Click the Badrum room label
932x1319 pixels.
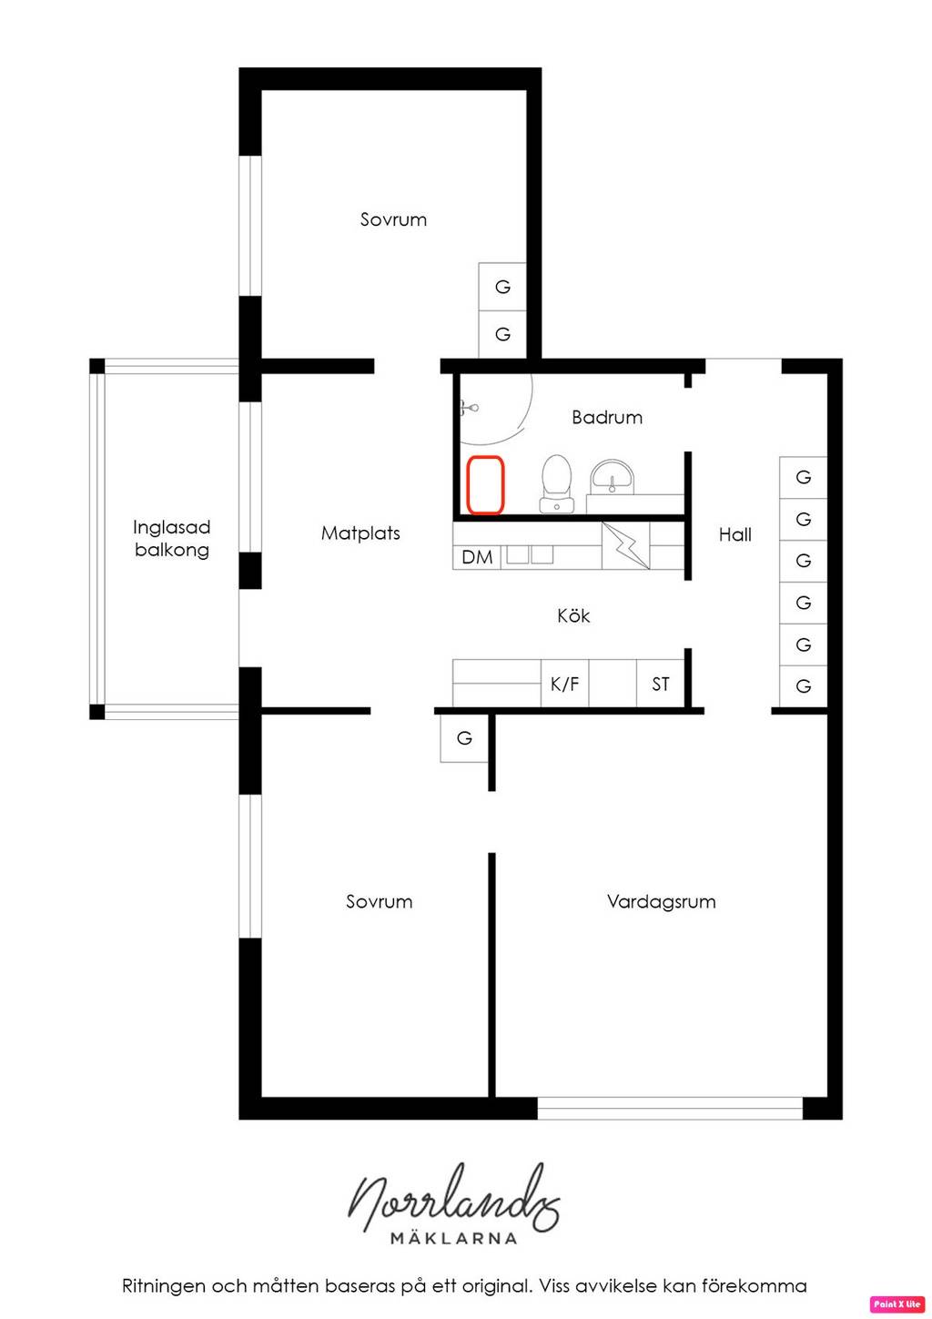click(x=606, y=418)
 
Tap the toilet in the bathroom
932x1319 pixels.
click(x=556, y=483)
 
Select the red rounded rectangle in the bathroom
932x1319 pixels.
click(x=485, y=484)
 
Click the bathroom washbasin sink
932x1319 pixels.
click(x=613, y=477)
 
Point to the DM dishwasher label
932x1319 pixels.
click(x=477, y=557)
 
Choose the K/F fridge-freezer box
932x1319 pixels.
click(x=564, y=684)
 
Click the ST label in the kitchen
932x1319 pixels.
click(x=660, y=684)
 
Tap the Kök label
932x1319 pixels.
click(x=572, y=615)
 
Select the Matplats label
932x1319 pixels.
click(x=360, y=533)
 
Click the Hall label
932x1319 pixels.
click(x=734, y=534)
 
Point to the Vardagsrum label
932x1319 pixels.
click(x=661, y=901)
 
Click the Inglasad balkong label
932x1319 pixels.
click(x=171, y=538)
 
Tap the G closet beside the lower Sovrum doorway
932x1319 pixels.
click(x=464, y=738)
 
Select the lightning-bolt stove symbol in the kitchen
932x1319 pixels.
click(x=625, y=545)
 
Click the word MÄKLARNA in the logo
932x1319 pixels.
click(x=454, y=1238)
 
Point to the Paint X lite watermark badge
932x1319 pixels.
click(x=897, y=1304)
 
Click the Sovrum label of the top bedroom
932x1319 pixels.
click(x=393, y=219)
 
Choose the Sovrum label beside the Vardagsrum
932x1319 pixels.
click(x=380, y=901)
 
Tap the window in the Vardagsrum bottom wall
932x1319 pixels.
click(x=670, y=1108)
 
